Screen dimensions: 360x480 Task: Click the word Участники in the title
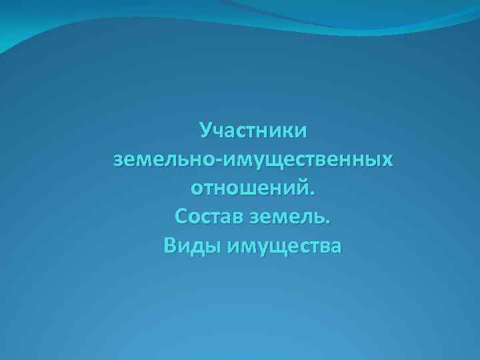pyautogui.click(x=253, y=129)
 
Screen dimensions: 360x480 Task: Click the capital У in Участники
pyautogui.click(x=206, y=129)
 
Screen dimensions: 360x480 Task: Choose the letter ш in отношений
pyautogui.click(x=249, y=189)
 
